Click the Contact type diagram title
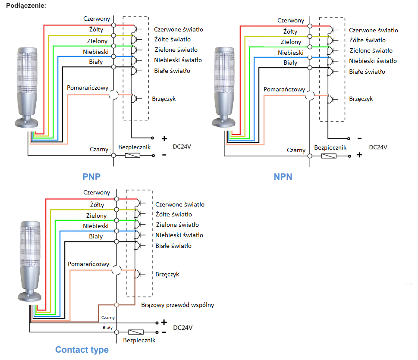tap(82, 350)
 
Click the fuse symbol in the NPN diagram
tap(329, 155)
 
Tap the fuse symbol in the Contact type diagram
tap(136, 332)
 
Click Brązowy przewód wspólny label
tap(177, 305)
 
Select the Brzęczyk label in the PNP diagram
tap(164, 99)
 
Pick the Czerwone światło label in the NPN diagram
tap(373, 30)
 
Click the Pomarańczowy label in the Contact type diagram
tap(88, 264)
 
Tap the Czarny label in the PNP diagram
tap(99, 149)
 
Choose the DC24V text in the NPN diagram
tap(378, 147)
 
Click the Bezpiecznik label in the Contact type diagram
tap(139, 341)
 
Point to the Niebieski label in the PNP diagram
tap(96, 52)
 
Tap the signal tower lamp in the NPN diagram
tap(225, 86)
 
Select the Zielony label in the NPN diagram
tap(291, 42)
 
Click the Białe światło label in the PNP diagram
tap(172, 71)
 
